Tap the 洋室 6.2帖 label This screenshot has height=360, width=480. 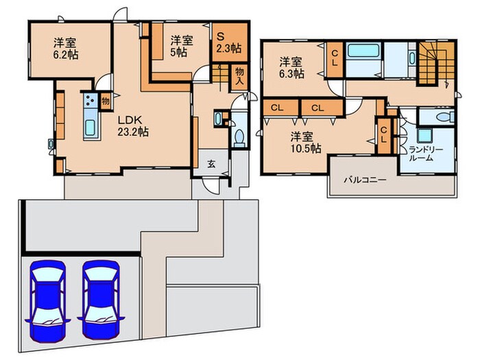(66, 48)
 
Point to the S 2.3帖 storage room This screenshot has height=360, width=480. (227, 43)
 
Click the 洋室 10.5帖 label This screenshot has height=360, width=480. (304, 141)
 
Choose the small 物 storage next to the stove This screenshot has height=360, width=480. (105, 101)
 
